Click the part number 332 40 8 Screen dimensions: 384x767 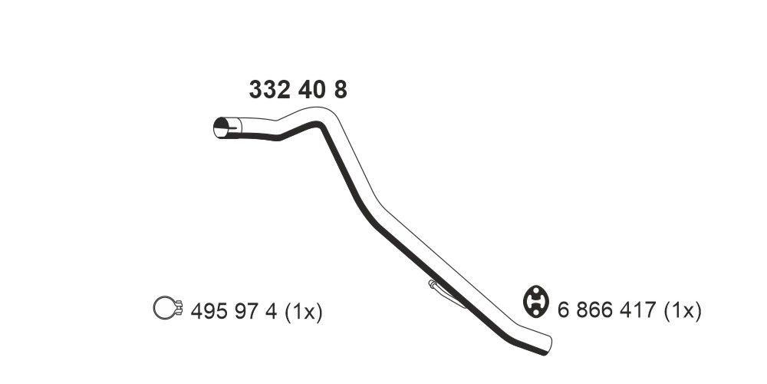[x=298, y=90]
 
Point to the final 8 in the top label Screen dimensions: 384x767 [x=340, y=90]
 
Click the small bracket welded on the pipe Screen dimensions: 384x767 [x=446, y=293]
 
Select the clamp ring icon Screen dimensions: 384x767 [x=163, y=308]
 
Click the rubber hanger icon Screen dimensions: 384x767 [x=535, y=301]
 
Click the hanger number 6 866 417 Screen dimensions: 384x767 [x=603, y=311]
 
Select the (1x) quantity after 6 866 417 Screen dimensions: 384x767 [x=681, y=311]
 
